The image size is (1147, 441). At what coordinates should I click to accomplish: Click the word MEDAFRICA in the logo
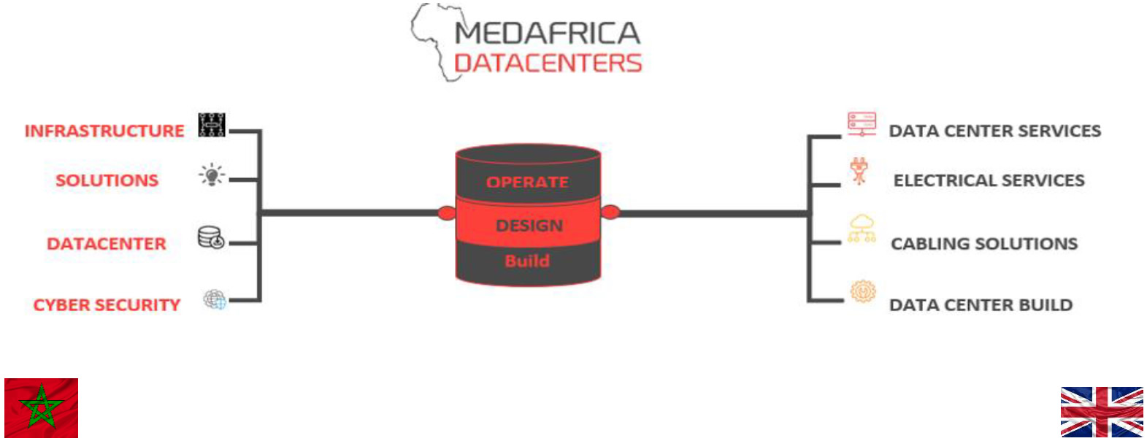pyautogui.click(x=547, y=33)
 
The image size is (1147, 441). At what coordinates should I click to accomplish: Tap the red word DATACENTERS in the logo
pyautogui.click(x=548, y=64)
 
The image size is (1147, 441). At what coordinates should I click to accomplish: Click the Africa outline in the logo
pyautogui.click(x=434, y=41)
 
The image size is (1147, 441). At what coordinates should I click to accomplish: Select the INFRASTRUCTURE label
pyautogui.click(x=104, y=131)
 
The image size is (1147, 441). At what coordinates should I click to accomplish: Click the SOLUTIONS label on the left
pyautogui.click(x=107, y=180)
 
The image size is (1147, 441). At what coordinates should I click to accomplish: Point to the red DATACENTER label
pyautogui.click(x=107, y=244)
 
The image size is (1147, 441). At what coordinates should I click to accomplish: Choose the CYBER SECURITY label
pyautogui.click(x=107, y=305)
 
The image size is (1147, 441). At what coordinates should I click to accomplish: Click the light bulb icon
pyautogui.click(x=212, y=175)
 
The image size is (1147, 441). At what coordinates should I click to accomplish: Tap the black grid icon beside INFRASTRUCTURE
pyautogui.click(x=212, y=125)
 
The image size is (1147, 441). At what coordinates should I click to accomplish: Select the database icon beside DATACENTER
pyautogui.click(x=211, y=238)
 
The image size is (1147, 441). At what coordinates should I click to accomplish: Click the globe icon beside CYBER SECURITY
pyautogui.click(x=215, y=299)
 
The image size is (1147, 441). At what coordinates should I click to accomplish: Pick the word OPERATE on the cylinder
pyautogui.click(x=527, y=183)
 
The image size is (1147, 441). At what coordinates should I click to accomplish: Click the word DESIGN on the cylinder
pyautogui.click(x=529, y=226)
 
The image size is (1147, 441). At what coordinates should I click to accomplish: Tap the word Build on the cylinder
pyautogui.click(x=527, y=261)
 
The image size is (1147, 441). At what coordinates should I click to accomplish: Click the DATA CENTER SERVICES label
pyautogui.click(x=995, y=131)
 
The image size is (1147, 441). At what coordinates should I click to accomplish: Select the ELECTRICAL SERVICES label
pyautogui.click(x=989, y=180)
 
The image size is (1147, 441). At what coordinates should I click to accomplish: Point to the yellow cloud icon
pyautogui.click(x=862, y=229)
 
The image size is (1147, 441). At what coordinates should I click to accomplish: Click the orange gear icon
pyautogui.click(x=863, y=291)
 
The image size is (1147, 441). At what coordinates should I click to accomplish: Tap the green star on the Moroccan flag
pyautogui.click(x=41, y=408)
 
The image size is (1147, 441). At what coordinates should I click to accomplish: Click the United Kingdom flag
pyautogui.click(x=1102, y=412)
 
